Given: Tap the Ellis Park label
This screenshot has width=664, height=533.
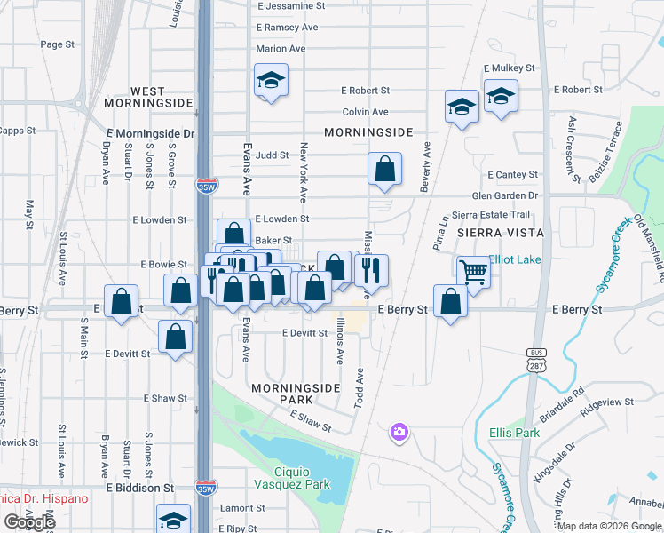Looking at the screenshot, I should (514, 433).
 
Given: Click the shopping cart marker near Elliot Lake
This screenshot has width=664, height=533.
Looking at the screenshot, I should (474, 271).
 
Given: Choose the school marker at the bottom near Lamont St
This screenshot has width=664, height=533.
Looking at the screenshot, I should (174, 519).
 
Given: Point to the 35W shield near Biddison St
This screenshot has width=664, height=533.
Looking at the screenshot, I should (204, 487).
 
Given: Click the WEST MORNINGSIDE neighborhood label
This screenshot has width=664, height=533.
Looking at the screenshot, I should (148, 97).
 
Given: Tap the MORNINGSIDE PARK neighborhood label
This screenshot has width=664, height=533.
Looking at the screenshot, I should (283, 394).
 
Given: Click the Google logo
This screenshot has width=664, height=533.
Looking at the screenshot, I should (30, 522).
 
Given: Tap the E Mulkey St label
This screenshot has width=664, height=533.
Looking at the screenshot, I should (509, 68).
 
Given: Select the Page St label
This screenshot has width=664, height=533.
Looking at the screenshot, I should (56, 44).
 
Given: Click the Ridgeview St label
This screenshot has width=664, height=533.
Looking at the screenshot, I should (606, 402).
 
